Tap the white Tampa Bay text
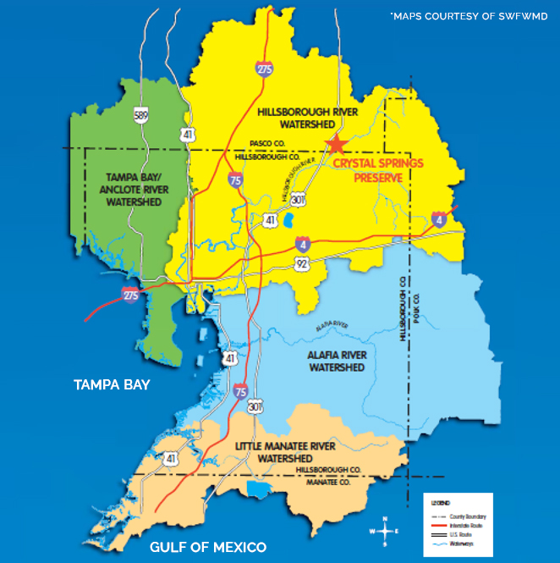coord(112,385)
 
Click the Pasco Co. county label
coord(268,145)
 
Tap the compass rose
coord(385,531)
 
